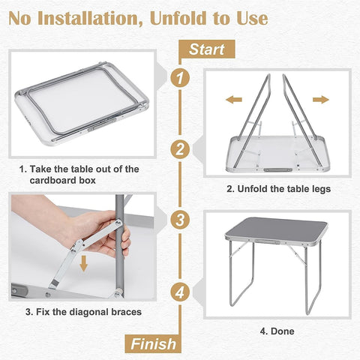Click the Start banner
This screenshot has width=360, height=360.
point(206,50)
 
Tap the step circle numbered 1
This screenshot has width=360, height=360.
point(178,76)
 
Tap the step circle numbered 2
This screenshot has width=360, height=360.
point(178,148)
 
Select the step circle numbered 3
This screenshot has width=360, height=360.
point(178,220)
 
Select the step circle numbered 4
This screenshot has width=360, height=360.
point(178,291)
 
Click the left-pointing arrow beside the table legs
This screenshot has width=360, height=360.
point(233,99)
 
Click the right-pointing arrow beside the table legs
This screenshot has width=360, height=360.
point(321,99)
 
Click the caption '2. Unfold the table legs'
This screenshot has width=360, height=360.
point(277,189)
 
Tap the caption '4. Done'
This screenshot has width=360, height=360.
point(277,331)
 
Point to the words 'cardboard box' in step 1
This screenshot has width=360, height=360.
point(64,181)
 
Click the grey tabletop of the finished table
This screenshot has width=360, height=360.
point(277,229)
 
